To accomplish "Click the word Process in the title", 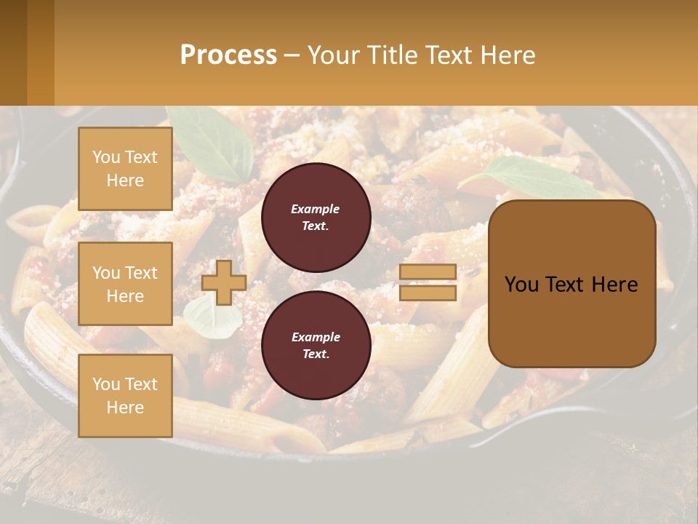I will point(228,55).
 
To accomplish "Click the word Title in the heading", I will point(392,55).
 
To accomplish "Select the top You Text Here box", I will point(125,169).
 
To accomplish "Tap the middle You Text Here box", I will point(125,284).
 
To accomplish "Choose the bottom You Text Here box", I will point(125,395).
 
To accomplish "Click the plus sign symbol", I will point(223,282).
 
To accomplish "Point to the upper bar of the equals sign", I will point(428,271).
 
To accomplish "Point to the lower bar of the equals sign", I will point(428,293).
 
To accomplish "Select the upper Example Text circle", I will point(316,217).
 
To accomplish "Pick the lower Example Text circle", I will point(316,345).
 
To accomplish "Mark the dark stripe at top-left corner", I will point(13,52).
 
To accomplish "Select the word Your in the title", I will point(334,55).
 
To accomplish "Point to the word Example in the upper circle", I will point(316,209).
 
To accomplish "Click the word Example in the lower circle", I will point(316,337).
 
